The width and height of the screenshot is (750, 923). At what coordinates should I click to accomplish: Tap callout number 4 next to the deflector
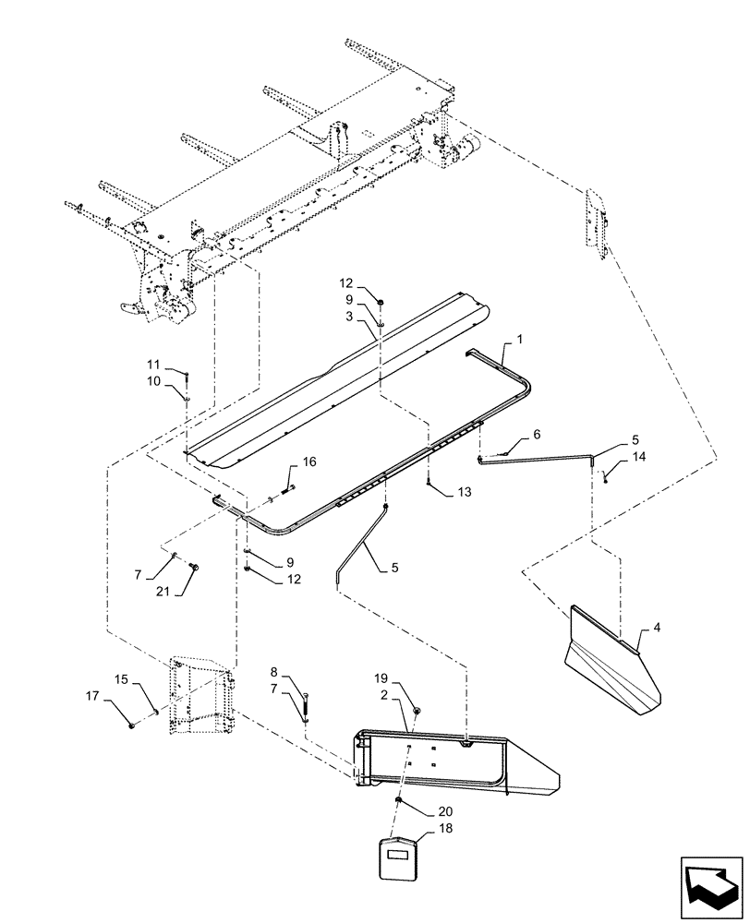[x=657, y=628]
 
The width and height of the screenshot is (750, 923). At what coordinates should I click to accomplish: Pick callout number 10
[x=153, y=380]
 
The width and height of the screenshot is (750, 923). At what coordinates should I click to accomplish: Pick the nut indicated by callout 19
[x=417, y=709]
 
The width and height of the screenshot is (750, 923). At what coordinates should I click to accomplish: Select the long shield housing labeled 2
[x=443, y=761]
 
